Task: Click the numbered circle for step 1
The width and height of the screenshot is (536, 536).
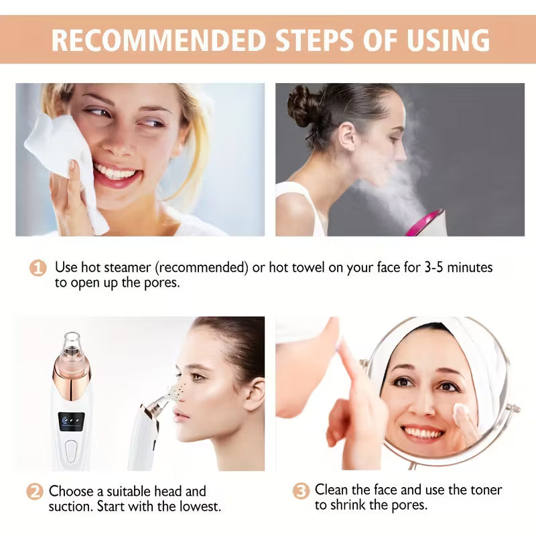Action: pos(38,268)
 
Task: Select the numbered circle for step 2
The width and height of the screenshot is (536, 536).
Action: pos(35,491)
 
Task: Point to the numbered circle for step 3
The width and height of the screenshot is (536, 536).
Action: pos(301,491)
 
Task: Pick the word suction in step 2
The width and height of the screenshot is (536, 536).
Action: pos(70,506)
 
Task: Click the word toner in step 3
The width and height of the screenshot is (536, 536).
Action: pos(483,490)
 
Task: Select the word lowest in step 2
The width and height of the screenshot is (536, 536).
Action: pos(197,506)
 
